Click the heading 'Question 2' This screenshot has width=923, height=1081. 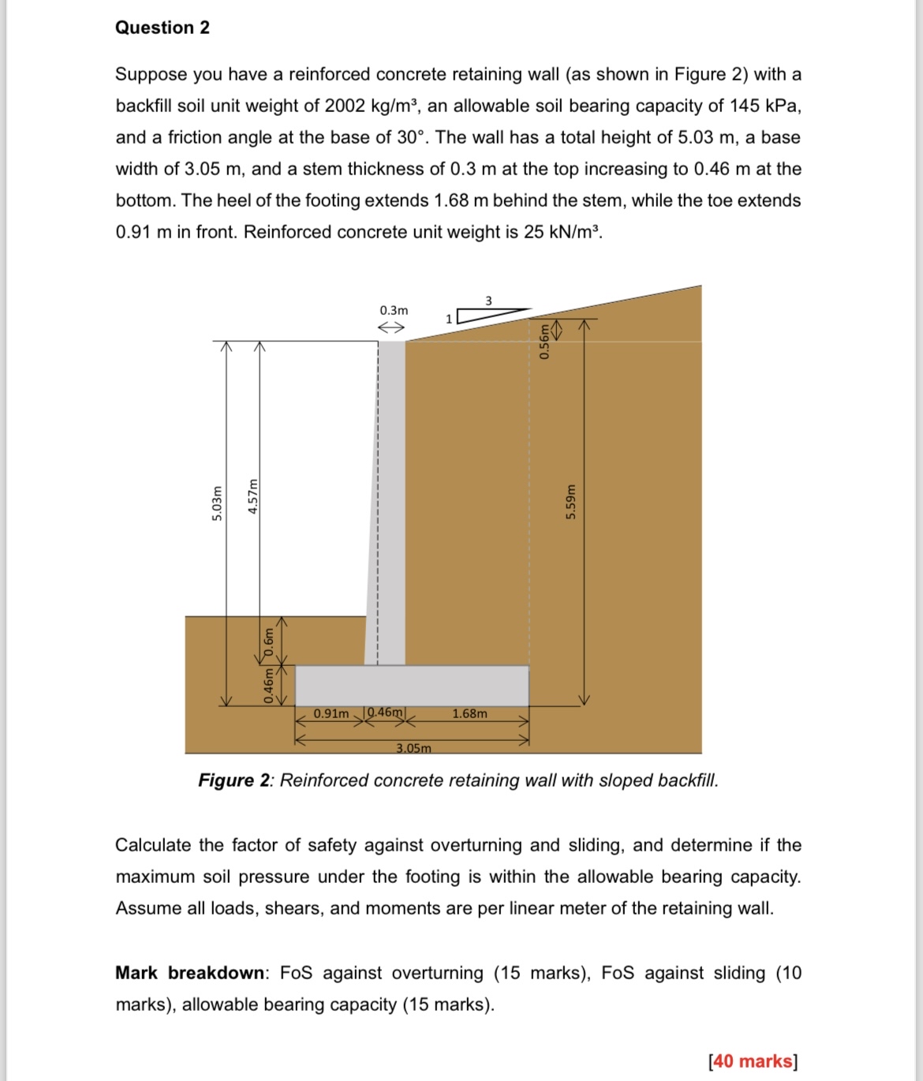pyautogui.click(x=163, y=28)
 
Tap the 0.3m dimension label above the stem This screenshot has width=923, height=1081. pyautogui.click(x=394, y=310)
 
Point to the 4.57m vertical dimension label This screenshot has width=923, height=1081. pyautogui.click(x=252, y=497)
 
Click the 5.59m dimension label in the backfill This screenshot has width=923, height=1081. pyautogui.click(x=570, y=502)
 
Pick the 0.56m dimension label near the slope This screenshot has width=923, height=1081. pyautogui.click(x=544, y=341)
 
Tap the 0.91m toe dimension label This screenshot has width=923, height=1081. pyautogui.click(x=331, y=713)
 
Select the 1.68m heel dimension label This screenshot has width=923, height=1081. pyautogui.click(x=469, y=713)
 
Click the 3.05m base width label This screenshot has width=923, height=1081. pyautogui.click(x=413, y=747)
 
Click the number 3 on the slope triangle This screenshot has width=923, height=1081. pyautogui.click(x=488, y=300)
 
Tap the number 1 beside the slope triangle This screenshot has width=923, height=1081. pyautogui.click(x=449, y=319)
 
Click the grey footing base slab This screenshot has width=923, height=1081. pyautogui.click(x=412, y=685)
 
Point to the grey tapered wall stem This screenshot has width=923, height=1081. pyautogui.click(x=387, y=505)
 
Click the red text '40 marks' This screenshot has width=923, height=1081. pyautogui.click(x=753, y=1061)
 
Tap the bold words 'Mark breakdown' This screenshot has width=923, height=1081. pyautogui.click(x=189, y=973)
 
